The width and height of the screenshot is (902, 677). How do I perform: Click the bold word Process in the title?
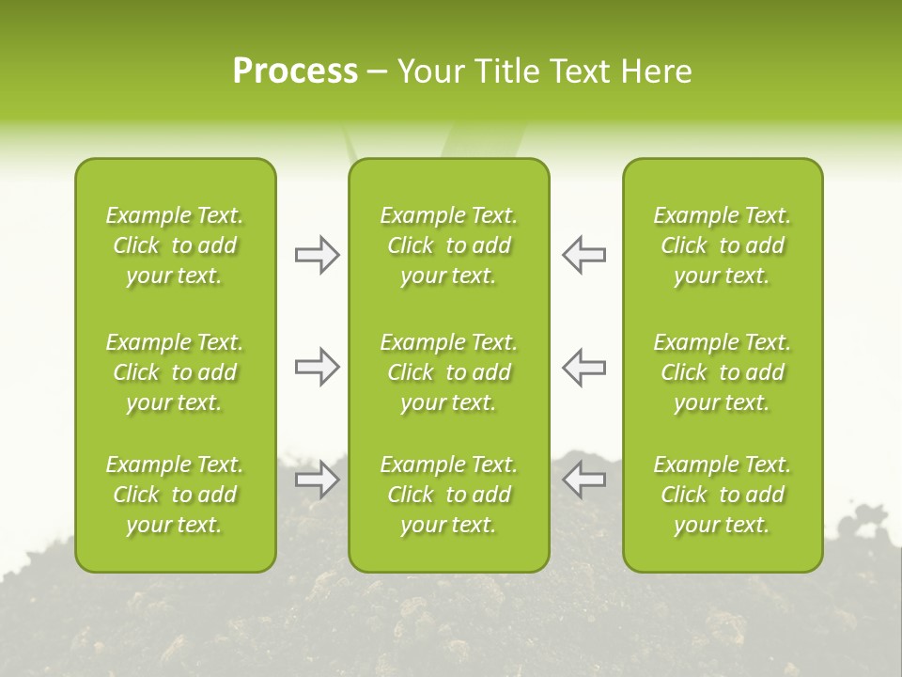(295, 71)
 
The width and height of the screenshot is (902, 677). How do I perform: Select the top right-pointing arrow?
(317, 255)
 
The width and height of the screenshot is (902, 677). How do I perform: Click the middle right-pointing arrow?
(317, 367)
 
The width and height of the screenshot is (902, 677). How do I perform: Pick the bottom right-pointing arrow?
(317, 480)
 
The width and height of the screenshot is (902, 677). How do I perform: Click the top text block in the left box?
(175, 245)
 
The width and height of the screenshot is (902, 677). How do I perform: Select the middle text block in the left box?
(175, 372)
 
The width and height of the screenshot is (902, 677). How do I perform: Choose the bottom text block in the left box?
(175, 495)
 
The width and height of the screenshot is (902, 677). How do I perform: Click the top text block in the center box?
(449, 245)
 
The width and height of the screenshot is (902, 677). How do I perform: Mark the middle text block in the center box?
(449, 372)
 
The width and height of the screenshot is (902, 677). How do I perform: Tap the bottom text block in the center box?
(449, 495)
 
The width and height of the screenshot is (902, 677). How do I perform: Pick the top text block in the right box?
(723, 245)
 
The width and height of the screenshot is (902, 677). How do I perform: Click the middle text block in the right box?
(723, 372)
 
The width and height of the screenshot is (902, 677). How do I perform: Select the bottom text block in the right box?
(723, 495)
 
